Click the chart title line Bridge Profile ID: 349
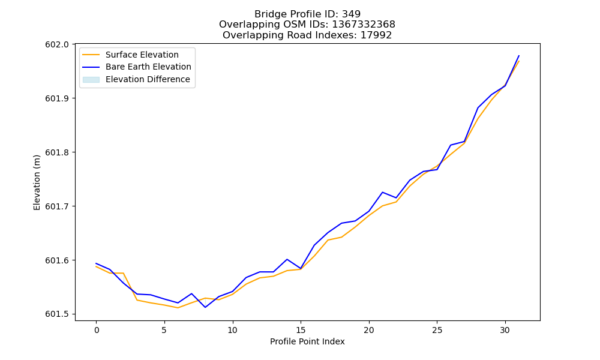click(x=307, y=14)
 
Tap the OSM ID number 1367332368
click(x=363, y=25)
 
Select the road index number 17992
click(x=376, y=35)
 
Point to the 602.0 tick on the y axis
click(x=57, y=44)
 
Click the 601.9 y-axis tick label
click(x=57, y=98)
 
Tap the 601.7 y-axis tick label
click(x=57, y=206)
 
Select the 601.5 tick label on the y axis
click(x=57, y=314)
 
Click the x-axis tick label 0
click(x=97, y=330)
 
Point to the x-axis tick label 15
click(x=301, y=330)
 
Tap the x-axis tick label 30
click(x=505, y=330)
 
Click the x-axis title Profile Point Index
click(x=307, y=341)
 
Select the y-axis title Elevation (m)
click(x=37, y=182)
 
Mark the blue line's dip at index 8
click(x=205, y=307)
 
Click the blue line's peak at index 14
click(x=287, y=259)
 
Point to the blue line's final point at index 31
click(x=519, y=55)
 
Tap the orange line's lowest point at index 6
click(x=178, y=308)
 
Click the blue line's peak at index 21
click(x=383, y=192)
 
